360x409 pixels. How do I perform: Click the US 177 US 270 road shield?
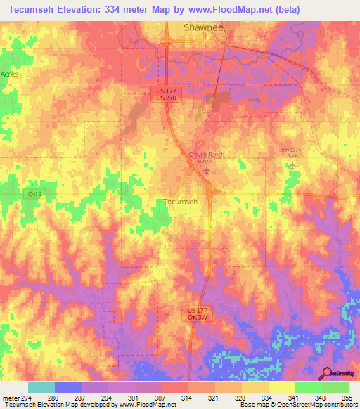pyautogui.click(x=167, y=94)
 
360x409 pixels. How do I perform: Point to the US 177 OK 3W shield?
pyautogui.click(x=198, y=313)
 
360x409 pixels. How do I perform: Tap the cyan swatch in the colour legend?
pyautogui.click(x=41, y=387)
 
